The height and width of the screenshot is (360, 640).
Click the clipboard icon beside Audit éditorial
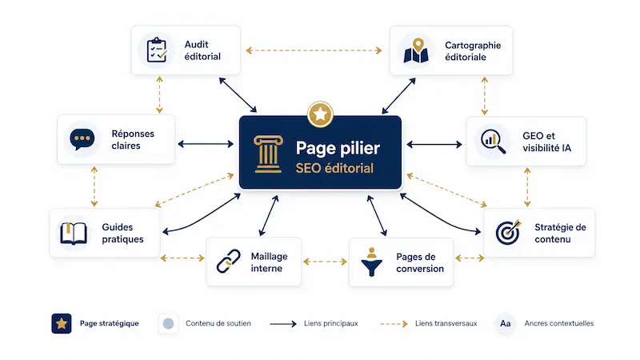(157, 50)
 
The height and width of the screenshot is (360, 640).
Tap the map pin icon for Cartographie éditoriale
(416, 50)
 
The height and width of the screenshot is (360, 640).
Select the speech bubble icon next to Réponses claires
(82, 139)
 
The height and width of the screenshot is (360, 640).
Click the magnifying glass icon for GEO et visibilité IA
(493, 142)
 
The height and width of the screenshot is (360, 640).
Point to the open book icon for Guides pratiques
(74, 233)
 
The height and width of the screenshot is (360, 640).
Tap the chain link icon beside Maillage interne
(229, 262)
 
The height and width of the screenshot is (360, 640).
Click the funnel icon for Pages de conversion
(372, 262)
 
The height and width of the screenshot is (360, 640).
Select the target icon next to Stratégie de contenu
(508, 232)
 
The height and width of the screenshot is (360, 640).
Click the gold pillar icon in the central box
(268, 154)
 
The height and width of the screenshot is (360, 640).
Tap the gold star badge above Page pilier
(321, 114)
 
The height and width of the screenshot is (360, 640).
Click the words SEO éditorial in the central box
(334, 168)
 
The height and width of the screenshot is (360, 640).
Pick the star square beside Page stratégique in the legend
(62, 324)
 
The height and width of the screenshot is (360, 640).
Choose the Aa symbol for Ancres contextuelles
(506, 324)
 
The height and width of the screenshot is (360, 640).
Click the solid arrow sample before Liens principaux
(283, 324)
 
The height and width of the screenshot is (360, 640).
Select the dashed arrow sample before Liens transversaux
(394, 324)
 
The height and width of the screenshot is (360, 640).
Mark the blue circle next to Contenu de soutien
(168, 324)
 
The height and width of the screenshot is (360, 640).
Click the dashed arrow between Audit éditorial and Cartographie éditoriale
(314, 50)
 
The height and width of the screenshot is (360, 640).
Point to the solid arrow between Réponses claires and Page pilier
(206, 144)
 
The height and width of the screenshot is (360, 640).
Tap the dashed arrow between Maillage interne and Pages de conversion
(325, 262)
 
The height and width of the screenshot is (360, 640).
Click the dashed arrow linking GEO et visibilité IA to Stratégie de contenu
(527, 187)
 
